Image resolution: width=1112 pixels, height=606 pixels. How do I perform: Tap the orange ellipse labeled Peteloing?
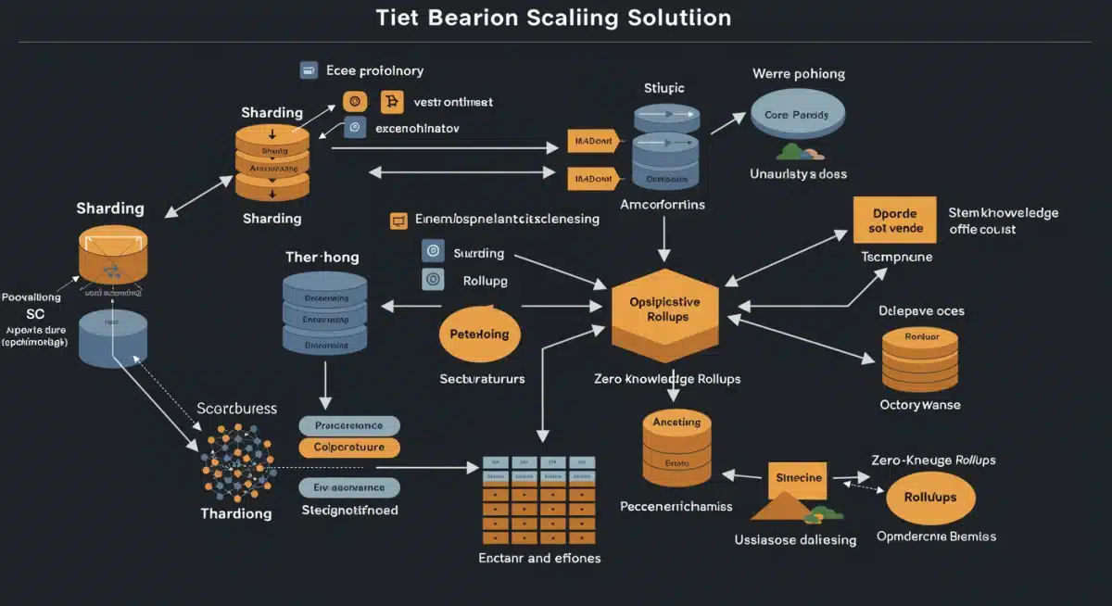tap(478, 334)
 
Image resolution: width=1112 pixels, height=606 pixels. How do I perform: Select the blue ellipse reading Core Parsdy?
tap(797, 115)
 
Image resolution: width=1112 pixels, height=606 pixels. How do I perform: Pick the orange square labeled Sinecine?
tap(796, 478)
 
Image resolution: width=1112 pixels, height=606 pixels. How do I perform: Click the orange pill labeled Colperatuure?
tap(349, 448)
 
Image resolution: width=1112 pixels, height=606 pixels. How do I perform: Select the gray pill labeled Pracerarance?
tap(349, 425)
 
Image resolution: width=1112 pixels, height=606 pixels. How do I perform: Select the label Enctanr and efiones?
tap(539, 558)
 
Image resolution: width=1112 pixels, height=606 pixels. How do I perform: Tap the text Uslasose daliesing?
tap(795, 539)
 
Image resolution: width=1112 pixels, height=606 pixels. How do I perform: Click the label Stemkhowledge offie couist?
tap(1003, 221)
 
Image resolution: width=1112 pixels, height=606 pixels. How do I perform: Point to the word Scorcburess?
tap(237, 408)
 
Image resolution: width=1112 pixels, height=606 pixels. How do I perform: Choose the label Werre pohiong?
tap(798, 73)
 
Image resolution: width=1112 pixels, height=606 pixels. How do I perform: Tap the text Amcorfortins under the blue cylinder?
tap(662, 204)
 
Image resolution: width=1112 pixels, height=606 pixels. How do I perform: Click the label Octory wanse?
tap(919, 404)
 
